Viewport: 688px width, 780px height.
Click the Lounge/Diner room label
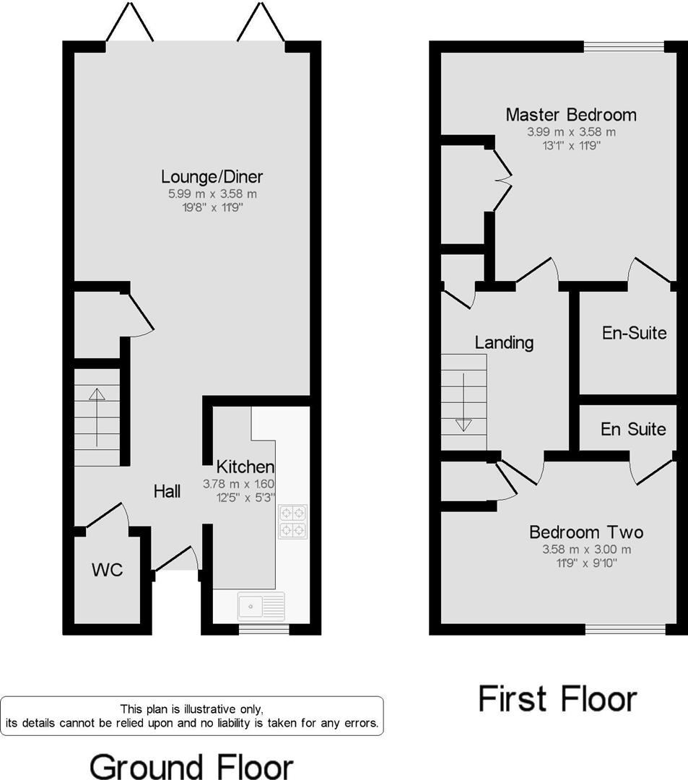(212, 176)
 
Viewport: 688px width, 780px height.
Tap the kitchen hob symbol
(292, 521)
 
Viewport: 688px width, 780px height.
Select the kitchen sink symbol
(261, 605)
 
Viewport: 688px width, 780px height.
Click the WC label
(107, 570)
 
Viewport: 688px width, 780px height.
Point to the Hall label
(167, 492)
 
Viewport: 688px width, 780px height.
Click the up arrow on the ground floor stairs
(97, 394)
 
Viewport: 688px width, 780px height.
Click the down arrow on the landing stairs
(463, 424)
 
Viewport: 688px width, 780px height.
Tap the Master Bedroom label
(570, 114)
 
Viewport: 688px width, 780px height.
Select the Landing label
(504, 342)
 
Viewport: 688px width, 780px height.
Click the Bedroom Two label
(585, 533)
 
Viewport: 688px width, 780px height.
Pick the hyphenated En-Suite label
(634, 333)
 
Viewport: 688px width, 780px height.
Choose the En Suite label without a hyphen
(633, 429)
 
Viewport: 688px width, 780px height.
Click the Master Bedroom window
(624, 47)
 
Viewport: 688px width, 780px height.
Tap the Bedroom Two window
(624, 630)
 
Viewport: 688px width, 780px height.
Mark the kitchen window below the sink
(264, 630)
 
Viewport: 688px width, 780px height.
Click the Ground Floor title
(191, 766)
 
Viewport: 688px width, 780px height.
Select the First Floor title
(557, 699)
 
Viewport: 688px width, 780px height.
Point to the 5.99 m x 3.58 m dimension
(212, 194)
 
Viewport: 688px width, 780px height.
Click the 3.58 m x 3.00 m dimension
(585, 549)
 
